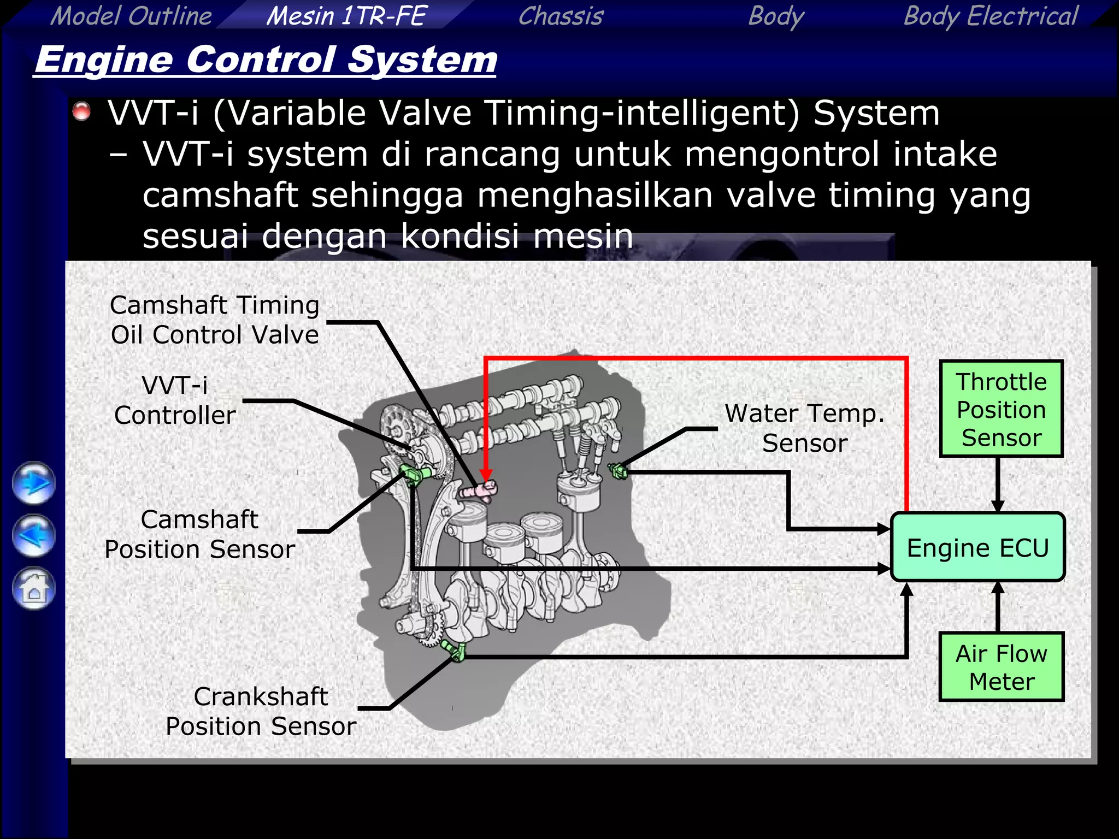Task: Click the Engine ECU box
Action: point(977,547)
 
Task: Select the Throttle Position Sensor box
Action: point(1001,409)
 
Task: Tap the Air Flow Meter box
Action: point(1001,667)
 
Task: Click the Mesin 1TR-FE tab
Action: point(345,15)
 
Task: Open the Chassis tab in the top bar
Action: point(561,15)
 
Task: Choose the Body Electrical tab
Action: point(990,15)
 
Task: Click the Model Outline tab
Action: point(131,15)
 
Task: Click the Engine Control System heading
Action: point(266,60)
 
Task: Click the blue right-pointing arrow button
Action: point(34,483)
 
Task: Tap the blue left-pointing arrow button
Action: point(34,536)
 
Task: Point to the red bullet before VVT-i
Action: point(82,111)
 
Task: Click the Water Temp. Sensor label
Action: point(804,428)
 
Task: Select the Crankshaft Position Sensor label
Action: point(261,711)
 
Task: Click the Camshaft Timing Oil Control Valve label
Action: point(214,320)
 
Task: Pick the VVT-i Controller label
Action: point(175,400)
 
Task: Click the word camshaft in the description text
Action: point(220,196)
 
